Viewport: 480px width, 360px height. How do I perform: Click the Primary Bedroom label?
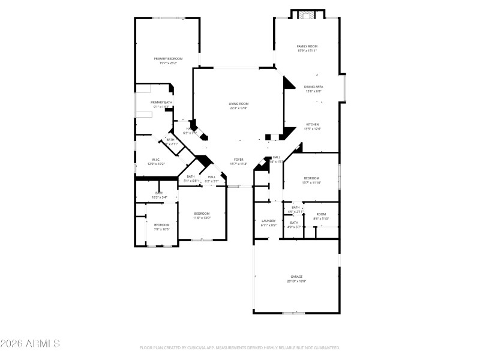point(168,58)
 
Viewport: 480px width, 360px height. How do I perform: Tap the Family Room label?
point(307,46)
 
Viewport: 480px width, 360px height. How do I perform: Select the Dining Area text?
point(313,87)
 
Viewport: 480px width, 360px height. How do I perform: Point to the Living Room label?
point(238,104)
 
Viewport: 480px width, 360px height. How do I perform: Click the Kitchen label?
point(313,124)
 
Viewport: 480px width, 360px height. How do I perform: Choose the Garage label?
point(297,277)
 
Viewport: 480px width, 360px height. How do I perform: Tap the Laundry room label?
point(268,221)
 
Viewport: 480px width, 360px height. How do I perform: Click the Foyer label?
point(238,160)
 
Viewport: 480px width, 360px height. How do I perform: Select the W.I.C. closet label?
point(155,160)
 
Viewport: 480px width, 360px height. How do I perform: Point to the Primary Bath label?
point(161,103)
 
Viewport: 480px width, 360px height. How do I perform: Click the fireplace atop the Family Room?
point(307,14)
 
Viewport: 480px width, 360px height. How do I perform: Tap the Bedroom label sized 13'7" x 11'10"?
point(311,178)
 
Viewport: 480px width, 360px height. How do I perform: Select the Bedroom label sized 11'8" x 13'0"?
point(202,214)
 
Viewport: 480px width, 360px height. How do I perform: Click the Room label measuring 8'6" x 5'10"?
point(321,214)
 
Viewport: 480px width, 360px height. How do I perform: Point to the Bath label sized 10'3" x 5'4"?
point(160,193)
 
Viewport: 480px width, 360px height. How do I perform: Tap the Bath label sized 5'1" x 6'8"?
point(190,176)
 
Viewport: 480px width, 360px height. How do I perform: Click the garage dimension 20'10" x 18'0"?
point(297,281)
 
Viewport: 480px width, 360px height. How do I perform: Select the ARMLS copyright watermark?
point(30,344)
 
